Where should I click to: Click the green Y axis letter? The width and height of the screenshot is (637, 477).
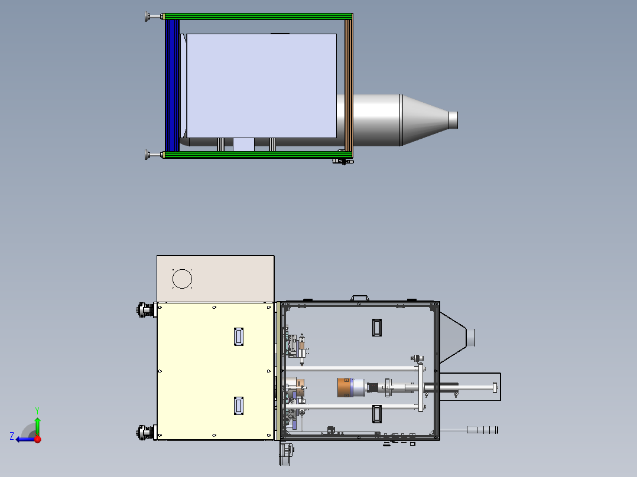coord(37,410)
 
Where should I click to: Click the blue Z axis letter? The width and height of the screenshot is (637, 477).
coord(12,436)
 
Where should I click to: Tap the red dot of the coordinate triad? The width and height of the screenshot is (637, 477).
coord(38,439)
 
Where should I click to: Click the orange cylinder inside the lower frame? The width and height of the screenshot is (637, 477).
coord(343,388)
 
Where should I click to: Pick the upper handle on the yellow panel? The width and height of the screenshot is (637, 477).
coord(239,336)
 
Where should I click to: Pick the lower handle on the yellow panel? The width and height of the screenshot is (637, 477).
coord(239,406)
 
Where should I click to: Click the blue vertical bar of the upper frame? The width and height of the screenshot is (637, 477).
coord(173,85)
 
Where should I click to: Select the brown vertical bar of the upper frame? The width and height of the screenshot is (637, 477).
coord(349,85)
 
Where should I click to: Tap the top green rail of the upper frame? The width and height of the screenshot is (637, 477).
coord(258,17)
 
